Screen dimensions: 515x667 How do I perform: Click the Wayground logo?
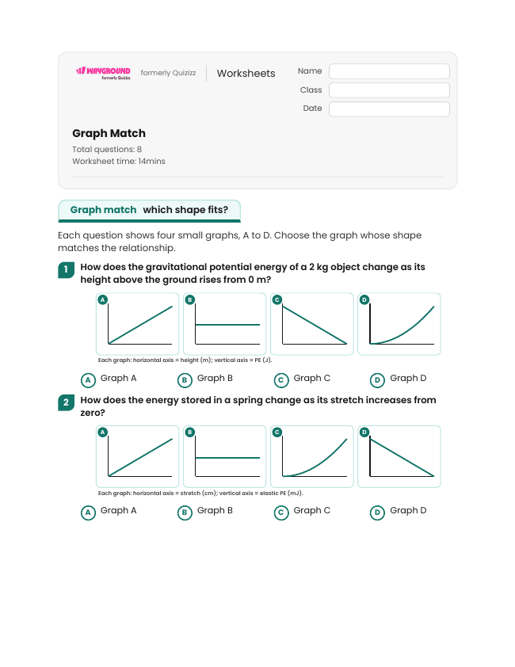pyautogui.click(x=103, y=73)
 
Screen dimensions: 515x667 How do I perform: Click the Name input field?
pyautogui.click(x=389, y=71)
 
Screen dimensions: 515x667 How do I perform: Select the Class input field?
pyautogui.click(x=389, y=90)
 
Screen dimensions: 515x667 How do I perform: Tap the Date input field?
pyautogui.click(x=389, y=109)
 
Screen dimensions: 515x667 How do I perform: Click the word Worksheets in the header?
pyautogui.click(x=246, y=73)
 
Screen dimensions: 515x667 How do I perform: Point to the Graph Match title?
pyautogui.click(x=109, y=133)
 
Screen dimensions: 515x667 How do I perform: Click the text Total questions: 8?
pyautogui.click(x=107, y=149)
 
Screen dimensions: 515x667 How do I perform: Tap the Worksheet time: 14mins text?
pyautogui.click(x=119, y=162)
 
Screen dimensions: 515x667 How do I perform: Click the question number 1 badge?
pyautogui.click(x=66, y=269)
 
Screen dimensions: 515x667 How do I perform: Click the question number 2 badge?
pyautogui.click(x=66, y=402)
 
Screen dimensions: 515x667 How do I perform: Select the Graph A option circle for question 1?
pyautogui.click(x=88, y=380)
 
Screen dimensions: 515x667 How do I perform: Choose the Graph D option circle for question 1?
pyautogui.click(x=377, y=380)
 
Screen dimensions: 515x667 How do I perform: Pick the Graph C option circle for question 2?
pyautogui.click(x=281, y=513)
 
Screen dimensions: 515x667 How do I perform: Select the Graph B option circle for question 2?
pyautogui.click(x=185, y=513)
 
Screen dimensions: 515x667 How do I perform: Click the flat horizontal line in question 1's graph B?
pyautogui.click(x=227, y=325)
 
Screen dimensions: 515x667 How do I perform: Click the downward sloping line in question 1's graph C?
pyautogui.click(x=315, y=325)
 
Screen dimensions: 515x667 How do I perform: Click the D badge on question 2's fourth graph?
pyautogui.click(x=364, y=433)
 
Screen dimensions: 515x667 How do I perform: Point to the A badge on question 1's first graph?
pyautogui.click(x=102, y=299)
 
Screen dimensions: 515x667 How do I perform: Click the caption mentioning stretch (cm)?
pyautogui.click(x=200, y=493)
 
